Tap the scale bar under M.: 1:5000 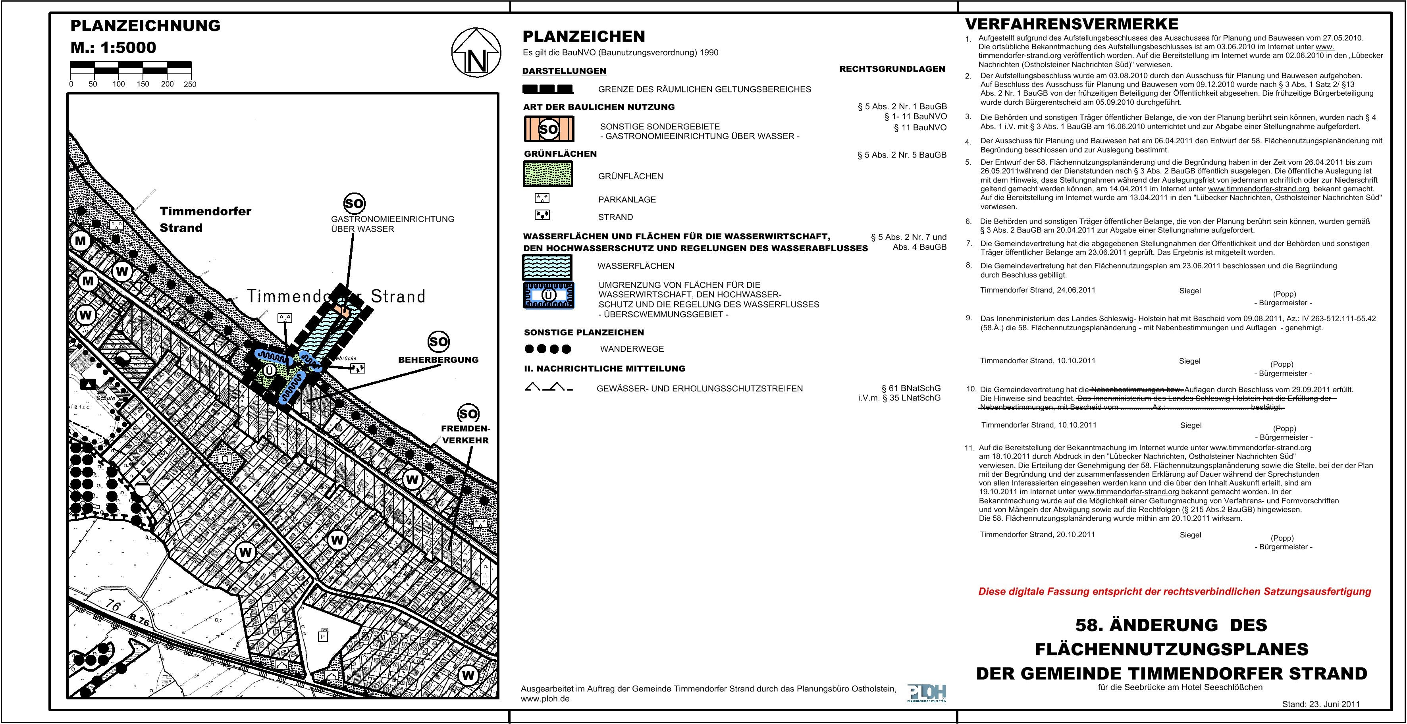click(131, 68)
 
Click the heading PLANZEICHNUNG click(145, 26)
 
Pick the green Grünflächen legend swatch click(548, 173)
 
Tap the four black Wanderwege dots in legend click(548, 349)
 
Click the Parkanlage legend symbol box click(542, 198)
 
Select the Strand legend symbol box click(542, 215)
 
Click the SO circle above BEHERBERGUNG click(438, 342)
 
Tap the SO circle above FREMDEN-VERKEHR click(468, 413)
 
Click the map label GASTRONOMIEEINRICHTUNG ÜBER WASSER click(393, 224)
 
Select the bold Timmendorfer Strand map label click(205, 220)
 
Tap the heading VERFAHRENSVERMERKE click(1072, 25)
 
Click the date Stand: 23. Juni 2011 click(1321, 704)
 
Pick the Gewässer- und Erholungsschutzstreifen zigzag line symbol click(548, 388)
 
